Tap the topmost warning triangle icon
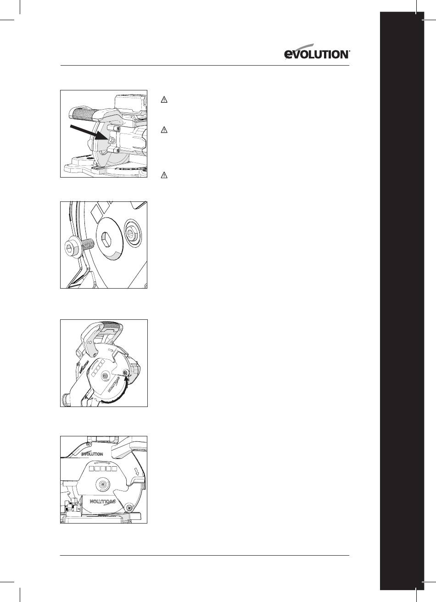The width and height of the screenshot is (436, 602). [x=164, y=100]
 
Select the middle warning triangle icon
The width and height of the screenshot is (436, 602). [x=164, y=130]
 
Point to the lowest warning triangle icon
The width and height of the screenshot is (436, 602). [x=164, y=175]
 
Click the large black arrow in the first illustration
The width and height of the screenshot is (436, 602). [x=89, y=133]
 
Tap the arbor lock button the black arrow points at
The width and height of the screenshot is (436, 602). [x=111, y=140]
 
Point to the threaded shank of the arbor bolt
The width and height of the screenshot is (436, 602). [x=88, y=245]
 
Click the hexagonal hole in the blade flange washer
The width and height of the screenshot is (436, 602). [x=106, y=239]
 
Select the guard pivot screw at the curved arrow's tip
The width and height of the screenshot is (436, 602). [x=125, y=373]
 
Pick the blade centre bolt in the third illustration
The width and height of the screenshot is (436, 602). [x=104, y=376]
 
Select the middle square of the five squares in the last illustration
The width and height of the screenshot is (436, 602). [x=103, y=468]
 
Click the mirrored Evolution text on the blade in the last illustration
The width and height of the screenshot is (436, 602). [x=102, y=502]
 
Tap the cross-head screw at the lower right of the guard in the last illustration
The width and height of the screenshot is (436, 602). [x=130, y=507]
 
